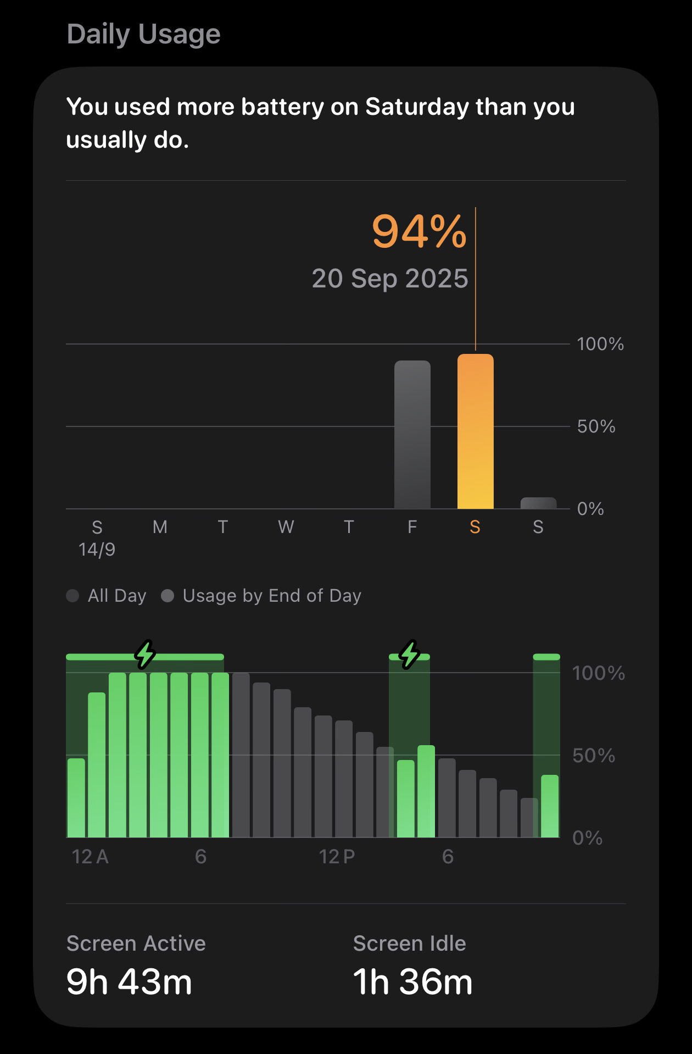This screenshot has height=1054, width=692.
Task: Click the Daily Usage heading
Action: click(143, 34)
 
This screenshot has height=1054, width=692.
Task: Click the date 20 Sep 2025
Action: click(390, 279)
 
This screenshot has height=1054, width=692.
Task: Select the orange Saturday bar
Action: click(475, 431)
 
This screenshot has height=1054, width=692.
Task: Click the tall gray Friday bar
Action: click(412, 434)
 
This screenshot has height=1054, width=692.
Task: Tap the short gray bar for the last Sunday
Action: click(538, 503)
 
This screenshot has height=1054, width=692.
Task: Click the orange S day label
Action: click(475, 527)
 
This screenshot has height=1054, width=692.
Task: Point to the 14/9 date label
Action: click(97, 550)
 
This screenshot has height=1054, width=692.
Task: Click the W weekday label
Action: click(286, 527)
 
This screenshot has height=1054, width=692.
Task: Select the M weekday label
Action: click(160, 527)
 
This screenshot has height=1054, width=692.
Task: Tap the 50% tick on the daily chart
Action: click(596, 426)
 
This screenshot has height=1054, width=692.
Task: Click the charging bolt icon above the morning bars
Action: click(145, 654)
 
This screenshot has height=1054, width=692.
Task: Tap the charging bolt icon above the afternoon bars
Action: click(410, 654)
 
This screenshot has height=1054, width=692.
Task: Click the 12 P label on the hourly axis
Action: click(337, 857)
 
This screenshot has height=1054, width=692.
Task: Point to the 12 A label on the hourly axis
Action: click(90, 857)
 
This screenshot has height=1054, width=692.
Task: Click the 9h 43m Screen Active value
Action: click(129, 982)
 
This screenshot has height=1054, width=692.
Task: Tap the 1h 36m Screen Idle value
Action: click(412, 982)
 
